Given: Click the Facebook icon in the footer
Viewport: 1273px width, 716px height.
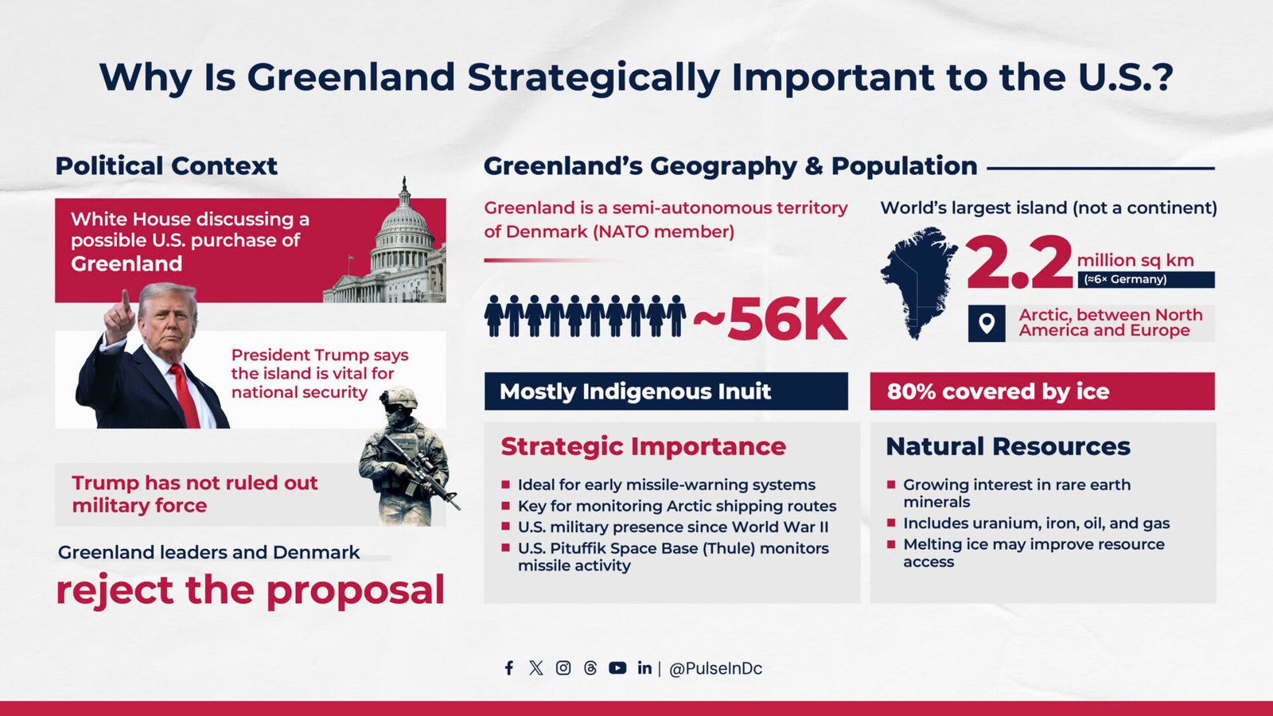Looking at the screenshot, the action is [x=509, y=667].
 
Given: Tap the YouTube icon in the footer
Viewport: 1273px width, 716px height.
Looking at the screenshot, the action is [x=617, y=667].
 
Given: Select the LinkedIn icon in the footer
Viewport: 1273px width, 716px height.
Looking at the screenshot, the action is [x=644, y=667].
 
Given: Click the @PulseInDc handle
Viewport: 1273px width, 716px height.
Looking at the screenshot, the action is [x=715, y=669].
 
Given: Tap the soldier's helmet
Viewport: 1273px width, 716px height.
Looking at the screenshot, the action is [x=399, y=398].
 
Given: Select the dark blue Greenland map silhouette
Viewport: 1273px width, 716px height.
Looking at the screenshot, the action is [x=917, y=282].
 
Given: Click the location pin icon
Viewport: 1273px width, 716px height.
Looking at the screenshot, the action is [x=987, y=323].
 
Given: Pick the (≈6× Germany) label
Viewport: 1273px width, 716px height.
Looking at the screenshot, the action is [x=1125, y=279].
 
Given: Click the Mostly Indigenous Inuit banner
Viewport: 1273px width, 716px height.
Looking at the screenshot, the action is [x=666, y=391].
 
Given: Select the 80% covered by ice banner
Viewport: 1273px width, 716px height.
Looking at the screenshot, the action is [x=1042, y=391].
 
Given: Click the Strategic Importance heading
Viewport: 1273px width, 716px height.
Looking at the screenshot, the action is [x=644, y=446].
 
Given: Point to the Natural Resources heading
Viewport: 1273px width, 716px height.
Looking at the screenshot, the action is [x=1008, y=446].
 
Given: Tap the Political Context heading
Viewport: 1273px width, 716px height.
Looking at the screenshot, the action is [x=166, y=166].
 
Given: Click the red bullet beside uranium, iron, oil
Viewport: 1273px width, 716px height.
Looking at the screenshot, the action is [x=891, y=522].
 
